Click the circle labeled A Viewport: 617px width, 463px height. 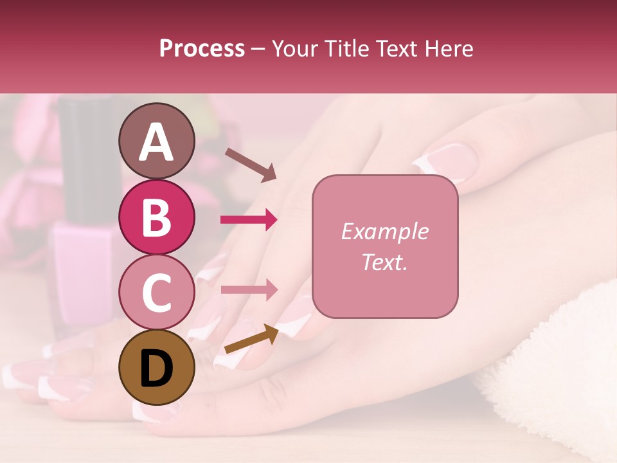tap(156, 141)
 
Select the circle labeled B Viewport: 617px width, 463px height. tap(156, 217)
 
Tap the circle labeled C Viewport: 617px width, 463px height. tap(156, 292)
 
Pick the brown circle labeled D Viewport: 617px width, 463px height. tap(156, 367)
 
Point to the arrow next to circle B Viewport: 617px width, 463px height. tap(249, 219)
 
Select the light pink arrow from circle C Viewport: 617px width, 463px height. tap(249, 289)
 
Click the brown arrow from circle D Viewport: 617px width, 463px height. tap(251, 339)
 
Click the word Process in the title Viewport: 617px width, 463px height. tap(202, 48)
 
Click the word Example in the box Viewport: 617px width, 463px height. tap(384, 232)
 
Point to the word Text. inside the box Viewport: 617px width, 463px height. tap(384, 262)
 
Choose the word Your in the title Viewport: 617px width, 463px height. tap(293, 48)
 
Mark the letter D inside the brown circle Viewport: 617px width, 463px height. tap(156, 368)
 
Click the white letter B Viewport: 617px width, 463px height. tap(156, 217)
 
